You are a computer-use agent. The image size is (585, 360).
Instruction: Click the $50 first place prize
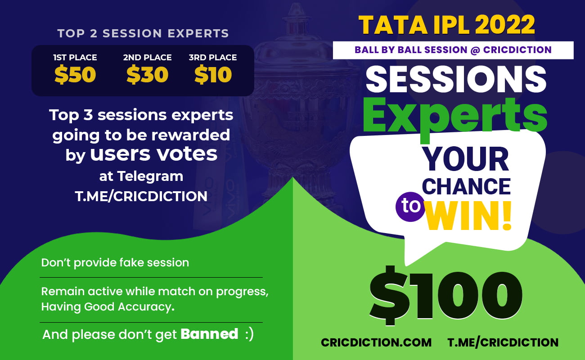click(x=75, y=75)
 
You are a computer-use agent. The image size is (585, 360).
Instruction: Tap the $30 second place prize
click(x=147, y=75)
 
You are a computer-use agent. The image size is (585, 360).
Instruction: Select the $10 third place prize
click(x=213, y=75)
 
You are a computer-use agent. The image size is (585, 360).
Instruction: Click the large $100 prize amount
click(x=446, y=296)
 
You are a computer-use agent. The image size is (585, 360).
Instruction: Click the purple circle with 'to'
click(x=410, y=207)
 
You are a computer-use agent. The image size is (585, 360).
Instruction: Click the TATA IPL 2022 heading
click(x=446, y=25)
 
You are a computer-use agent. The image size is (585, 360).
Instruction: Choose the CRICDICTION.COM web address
click(x=376, y=342)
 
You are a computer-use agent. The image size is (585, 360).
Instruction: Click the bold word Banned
click(x=209, y=333)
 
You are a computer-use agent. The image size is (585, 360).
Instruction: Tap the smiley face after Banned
click(x=249, y=334)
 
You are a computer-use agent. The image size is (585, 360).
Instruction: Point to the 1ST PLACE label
click(x=75, y=58)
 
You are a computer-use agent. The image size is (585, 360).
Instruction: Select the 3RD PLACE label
click(x=213, y=58)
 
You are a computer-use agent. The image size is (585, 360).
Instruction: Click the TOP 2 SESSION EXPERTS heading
click(x=143, y=33)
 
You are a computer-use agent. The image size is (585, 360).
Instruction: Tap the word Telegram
click(x=150, y=176)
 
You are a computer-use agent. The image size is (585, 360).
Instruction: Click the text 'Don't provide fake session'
click(x=115, y=263)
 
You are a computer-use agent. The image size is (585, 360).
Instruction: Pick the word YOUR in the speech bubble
click(x=465, y=159)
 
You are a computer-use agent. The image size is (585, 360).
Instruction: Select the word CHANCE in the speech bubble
click(x=466, y=186)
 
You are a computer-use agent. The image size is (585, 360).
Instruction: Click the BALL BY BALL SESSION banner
click(x=453, y=50)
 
